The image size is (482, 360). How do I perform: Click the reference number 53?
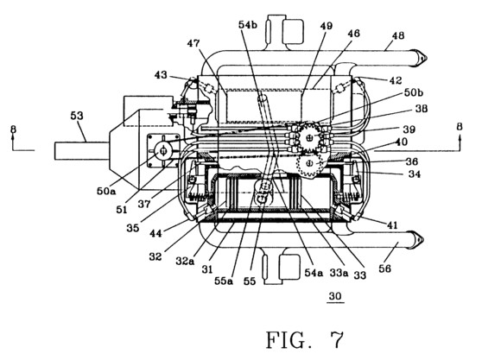pyautogui.click(x=77, y=116)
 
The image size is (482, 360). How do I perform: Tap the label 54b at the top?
pyautogui.click(x=248, y=25)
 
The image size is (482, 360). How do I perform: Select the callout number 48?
pyautogui.click(x=398, y=35)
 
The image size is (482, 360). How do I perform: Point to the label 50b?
pyautogui.click(x=414, y=92)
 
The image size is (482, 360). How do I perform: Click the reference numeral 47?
pyautogui.click(x=193, y=44)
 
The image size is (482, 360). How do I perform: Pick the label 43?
pyautogui.click(x=161, y=74)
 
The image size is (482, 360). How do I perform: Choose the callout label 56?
pyautogui.click(x=385, y=268)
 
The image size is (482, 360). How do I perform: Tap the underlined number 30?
pyautogui.click(x=335, y=296)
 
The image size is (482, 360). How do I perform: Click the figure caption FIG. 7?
pyautogui.click(x=304, y=340)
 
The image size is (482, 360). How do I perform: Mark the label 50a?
pyautogui.click(x=106, y=191)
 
